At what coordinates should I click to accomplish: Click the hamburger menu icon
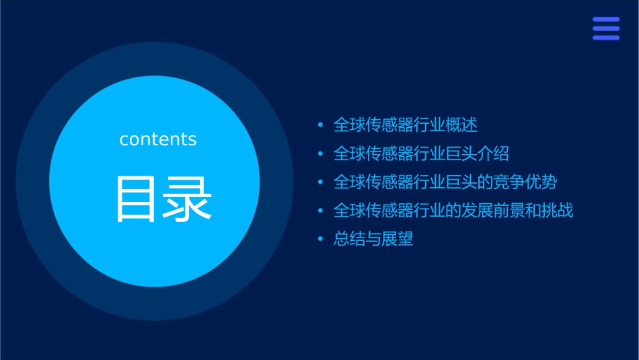[x=605, y=28]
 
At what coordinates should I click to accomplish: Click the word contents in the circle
[x=158, y=139]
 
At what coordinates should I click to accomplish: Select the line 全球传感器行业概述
[x=406, y=125]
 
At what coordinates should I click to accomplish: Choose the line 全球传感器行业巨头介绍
[x=421, y=153]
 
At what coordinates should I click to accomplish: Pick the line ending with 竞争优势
[x=445, y=182]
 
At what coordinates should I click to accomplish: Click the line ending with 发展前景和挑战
[x=453, y=211]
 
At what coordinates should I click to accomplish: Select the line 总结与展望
[x=373, y=239]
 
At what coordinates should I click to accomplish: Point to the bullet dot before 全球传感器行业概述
[x=320, y=126]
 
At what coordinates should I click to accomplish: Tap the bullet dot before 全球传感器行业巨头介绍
[x=320, y=154]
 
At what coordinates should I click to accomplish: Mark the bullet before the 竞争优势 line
[x=320, y=182]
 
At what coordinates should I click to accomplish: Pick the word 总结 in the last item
[x=350, y=239]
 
